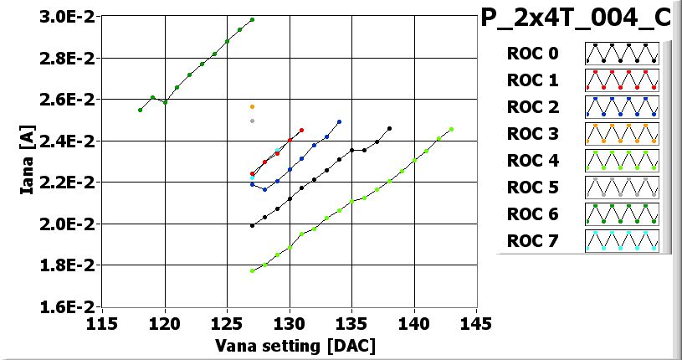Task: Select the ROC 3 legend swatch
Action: point(622,134)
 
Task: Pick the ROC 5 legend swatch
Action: point(622,188)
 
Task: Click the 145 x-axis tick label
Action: point(476,323)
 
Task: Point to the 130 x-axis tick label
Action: point(290,323)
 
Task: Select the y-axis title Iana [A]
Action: point(27,162)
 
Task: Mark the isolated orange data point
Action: point(252,107)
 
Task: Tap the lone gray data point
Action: point(252,121)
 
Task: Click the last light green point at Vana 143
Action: point(451,129)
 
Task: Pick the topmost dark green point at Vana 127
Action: point(252,19)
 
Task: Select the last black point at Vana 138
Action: point(389,128)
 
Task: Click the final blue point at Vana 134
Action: point(339,121)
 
